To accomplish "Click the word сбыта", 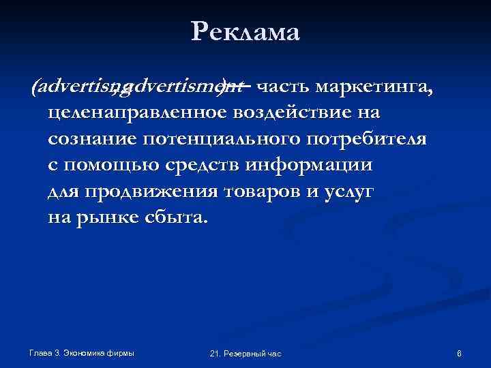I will click(x=174, y=218).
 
